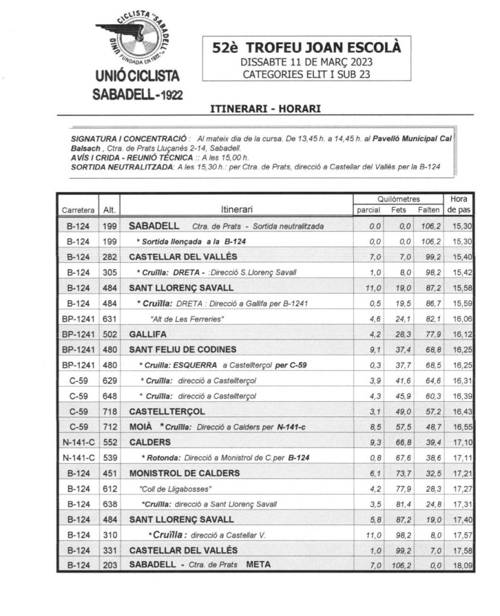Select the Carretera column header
(x=78, y=210)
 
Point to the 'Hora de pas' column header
(x=459, y=204)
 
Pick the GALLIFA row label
(x=147, y=334)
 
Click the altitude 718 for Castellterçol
(x=110, y=412)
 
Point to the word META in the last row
(x=259, y=565)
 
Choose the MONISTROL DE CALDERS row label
(x=185, y=473)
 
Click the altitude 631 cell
(x=110, y=319)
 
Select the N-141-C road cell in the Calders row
(x=78, y=442)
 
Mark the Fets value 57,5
(x=401, y=427)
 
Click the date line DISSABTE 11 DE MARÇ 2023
(x=306, y=62)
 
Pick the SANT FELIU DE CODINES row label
(x=183, y=350)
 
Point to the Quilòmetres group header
(x=398, y=199)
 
